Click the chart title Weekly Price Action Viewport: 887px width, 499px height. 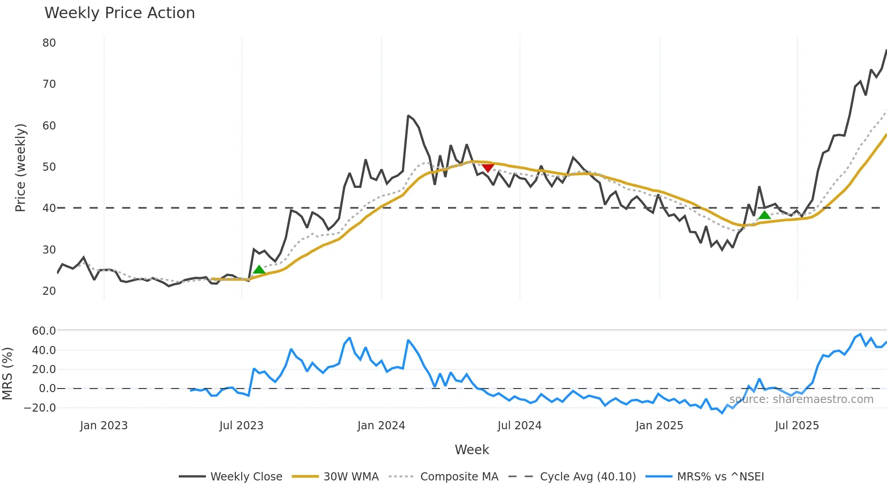(119, 13)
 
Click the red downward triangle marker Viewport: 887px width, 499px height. (487, 168)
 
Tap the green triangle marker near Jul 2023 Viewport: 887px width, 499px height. (259, 270)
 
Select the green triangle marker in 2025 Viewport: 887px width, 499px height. (764, 215)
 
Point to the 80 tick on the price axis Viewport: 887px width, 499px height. (49, 43)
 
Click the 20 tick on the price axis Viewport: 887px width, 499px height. (49, 291)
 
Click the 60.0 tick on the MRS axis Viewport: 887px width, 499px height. (44, 331)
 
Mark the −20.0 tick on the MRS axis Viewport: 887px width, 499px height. (40, 408)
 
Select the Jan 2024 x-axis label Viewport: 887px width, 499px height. (381, 426)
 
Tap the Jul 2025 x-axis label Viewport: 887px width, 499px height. (796, 426)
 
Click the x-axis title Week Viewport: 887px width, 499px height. (472, 450)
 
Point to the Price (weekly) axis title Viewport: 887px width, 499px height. (20, 168)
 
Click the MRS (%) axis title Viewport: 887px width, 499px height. (7, 374)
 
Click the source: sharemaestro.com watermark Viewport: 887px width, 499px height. (801, 399)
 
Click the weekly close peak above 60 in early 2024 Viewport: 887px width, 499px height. (408, 116)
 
